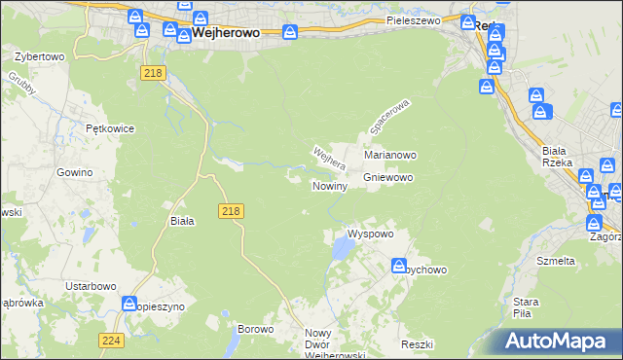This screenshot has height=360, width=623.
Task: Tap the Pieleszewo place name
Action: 414,19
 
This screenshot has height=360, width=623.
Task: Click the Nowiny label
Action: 329,185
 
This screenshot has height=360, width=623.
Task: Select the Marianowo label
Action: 390,155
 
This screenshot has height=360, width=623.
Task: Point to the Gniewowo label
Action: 389,178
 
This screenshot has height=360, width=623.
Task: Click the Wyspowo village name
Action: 370,234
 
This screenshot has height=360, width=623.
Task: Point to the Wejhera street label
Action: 329,160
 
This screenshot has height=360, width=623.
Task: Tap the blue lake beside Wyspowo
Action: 342,250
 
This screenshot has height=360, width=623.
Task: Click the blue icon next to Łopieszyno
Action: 129,305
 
